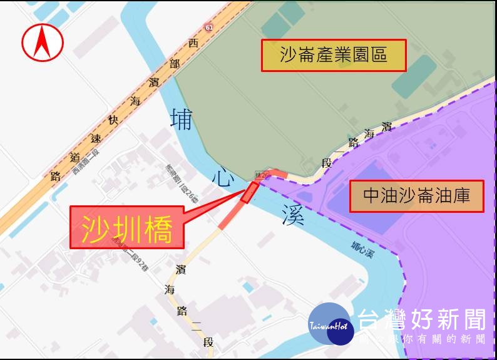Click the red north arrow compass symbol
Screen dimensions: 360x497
pos(43,43)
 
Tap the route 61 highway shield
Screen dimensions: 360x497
pos(208,26)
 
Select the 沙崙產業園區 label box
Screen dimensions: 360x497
pos(334,56)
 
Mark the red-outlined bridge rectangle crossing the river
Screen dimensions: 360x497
pos(249,192)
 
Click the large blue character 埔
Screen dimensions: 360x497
pos(182,119)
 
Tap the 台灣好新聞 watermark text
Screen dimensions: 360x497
pos(422,321)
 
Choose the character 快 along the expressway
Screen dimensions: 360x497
pos(113,120)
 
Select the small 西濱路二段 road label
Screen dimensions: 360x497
pos(86,162)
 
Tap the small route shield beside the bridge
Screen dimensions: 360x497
pos(262,173)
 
